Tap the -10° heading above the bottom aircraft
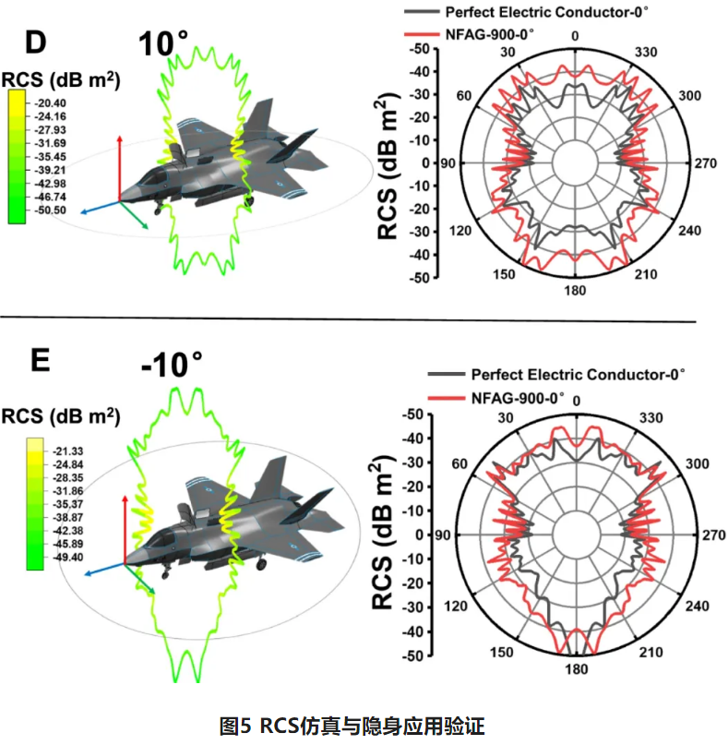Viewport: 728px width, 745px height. (x=173, y=363)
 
